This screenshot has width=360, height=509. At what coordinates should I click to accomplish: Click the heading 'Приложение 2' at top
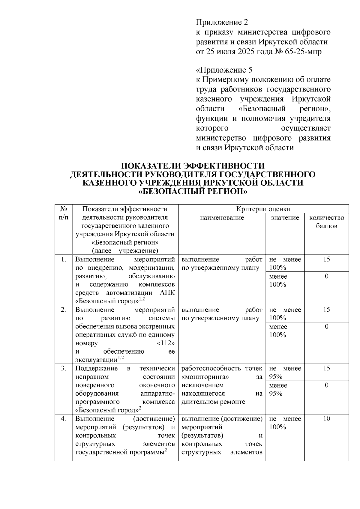coord(222,22)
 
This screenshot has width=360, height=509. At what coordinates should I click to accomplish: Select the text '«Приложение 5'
coord(224,70)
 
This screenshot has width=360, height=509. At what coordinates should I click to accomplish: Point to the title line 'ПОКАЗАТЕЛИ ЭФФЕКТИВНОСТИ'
coord(193,166)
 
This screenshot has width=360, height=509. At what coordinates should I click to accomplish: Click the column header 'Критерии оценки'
coord(263,209)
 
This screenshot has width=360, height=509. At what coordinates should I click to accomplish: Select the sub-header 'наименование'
coord(222,217)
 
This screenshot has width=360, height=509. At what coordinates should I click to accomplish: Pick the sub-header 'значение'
coord(285,217)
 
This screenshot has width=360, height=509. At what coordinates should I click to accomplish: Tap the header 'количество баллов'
coord(326,222)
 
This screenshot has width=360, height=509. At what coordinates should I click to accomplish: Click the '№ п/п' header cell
coord(63,213)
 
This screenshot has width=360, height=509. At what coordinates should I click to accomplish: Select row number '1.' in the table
coord(63,259)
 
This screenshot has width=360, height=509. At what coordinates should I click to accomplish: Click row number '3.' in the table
coord(63,369)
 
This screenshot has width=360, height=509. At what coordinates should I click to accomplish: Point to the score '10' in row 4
coord(326,419)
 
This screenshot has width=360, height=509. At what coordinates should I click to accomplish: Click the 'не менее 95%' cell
coord(285,373)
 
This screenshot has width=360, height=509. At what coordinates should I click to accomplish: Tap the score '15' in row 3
coord(326,369)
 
